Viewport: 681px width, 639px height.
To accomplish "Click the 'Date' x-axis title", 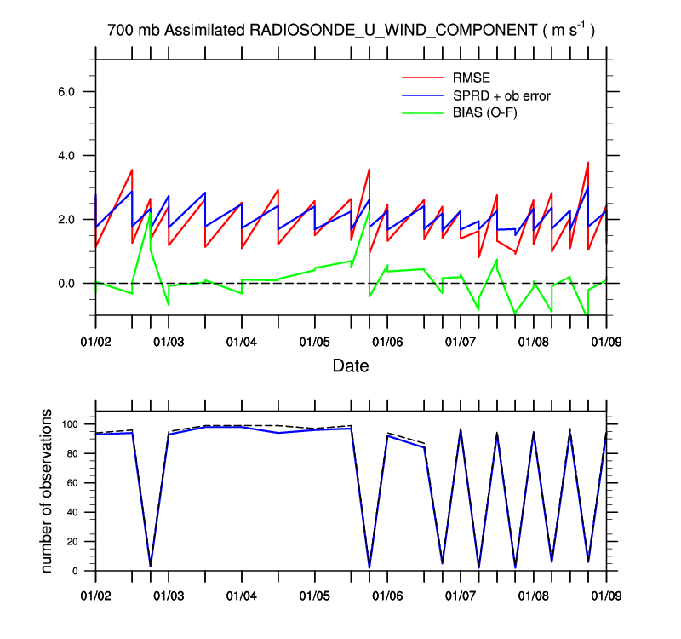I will coord(351,365).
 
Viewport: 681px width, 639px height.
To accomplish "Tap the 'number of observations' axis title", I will coord(48,492).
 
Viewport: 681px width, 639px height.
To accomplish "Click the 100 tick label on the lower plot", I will coord(70,424).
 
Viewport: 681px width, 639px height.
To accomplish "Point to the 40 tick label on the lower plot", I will coord(73,513).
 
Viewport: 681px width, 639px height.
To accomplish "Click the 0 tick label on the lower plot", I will coord(77,572).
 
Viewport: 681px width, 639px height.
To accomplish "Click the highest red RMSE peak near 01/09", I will coord(588,163).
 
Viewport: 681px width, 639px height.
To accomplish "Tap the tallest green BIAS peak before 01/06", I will coord(369,209).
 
